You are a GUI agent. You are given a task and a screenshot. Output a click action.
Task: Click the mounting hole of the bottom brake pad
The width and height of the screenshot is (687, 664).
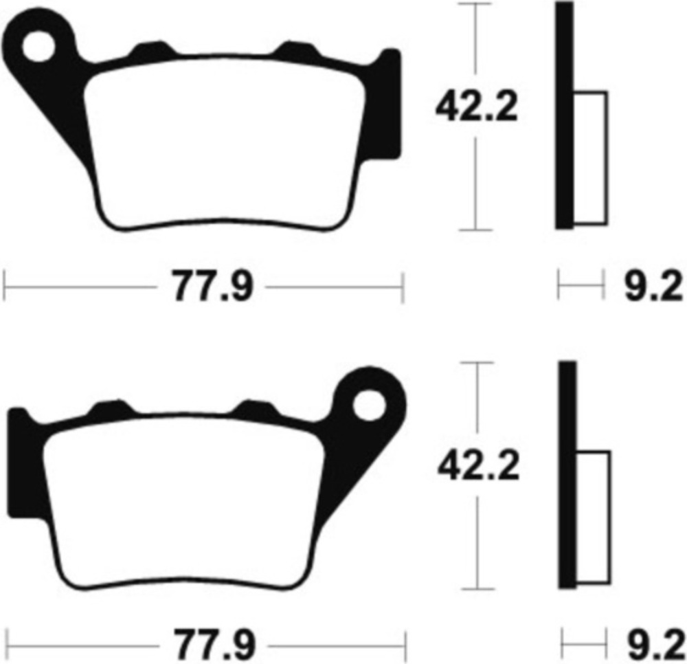tap(370, 406)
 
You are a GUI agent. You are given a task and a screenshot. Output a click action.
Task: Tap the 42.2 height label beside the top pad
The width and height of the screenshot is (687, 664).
tap(477, 106)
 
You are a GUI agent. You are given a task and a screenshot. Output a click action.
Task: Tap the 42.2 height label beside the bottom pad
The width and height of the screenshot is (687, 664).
tap(478, 465)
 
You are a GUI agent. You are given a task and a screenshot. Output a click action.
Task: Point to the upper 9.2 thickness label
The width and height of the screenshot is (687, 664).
tap(653, 287)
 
